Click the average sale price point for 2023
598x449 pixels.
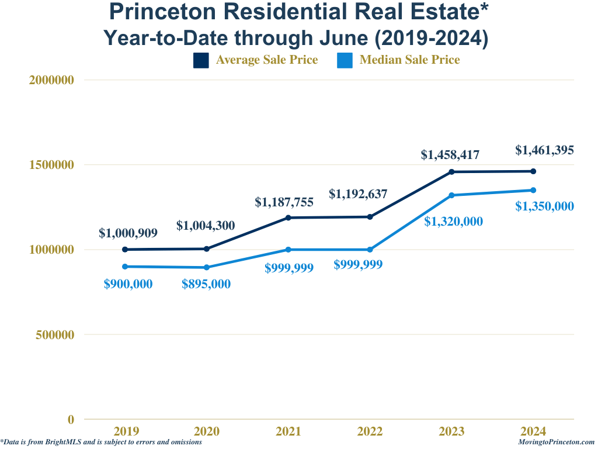(451, 172)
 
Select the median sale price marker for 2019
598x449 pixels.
(125, 267)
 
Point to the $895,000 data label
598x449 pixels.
(206, 284)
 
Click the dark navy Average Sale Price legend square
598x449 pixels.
(201, 60)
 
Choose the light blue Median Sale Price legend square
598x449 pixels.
(345, 60)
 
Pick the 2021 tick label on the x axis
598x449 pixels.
(288, 431)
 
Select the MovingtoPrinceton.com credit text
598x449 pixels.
(556, 443)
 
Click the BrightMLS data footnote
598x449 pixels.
(102, 443)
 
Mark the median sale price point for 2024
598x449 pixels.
(533, 190)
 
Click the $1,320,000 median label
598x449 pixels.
(453, 221)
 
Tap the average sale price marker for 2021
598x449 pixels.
(288, 217)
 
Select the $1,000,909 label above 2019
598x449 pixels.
(128, 233)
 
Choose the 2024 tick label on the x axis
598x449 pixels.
(533, 431)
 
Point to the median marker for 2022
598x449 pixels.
(370, 250)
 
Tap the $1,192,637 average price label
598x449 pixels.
(358, 194)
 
